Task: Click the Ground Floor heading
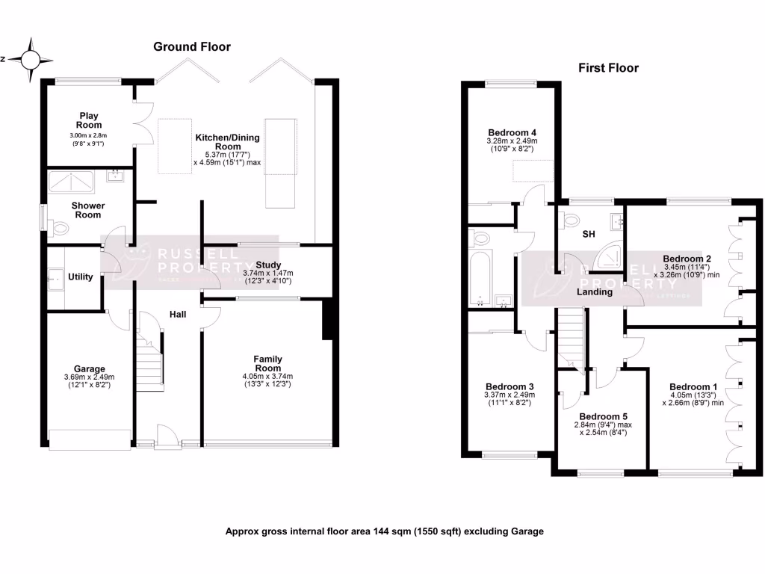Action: pos(192,46)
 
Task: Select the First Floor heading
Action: pos(608,68)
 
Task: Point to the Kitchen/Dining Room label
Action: pos(228,142)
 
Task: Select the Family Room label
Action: pos(267,363)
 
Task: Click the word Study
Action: pos(267,265)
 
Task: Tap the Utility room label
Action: pos(81,277)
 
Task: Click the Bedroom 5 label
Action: pos(604,416)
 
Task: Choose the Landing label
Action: pos(595,292)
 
